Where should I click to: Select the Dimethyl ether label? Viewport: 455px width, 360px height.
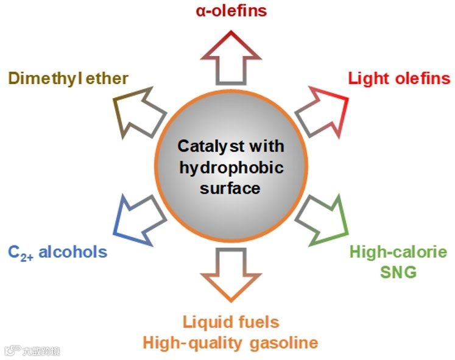[x=68, y=79]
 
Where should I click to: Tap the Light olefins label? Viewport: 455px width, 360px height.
[x=399, y=79]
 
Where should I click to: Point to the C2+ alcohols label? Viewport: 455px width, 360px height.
[x=58, y=252]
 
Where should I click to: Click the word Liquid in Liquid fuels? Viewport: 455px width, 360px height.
[x=206, y=322]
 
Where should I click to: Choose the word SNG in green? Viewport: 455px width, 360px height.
[x=398, y=272]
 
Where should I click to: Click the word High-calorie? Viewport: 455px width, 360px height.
[x=398, y=252]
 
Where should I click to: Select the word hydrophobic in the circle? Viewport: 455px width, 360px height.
[x=231, y=168]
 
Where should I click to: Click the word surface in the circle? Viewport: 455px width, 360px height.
[x=231, y=188]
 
